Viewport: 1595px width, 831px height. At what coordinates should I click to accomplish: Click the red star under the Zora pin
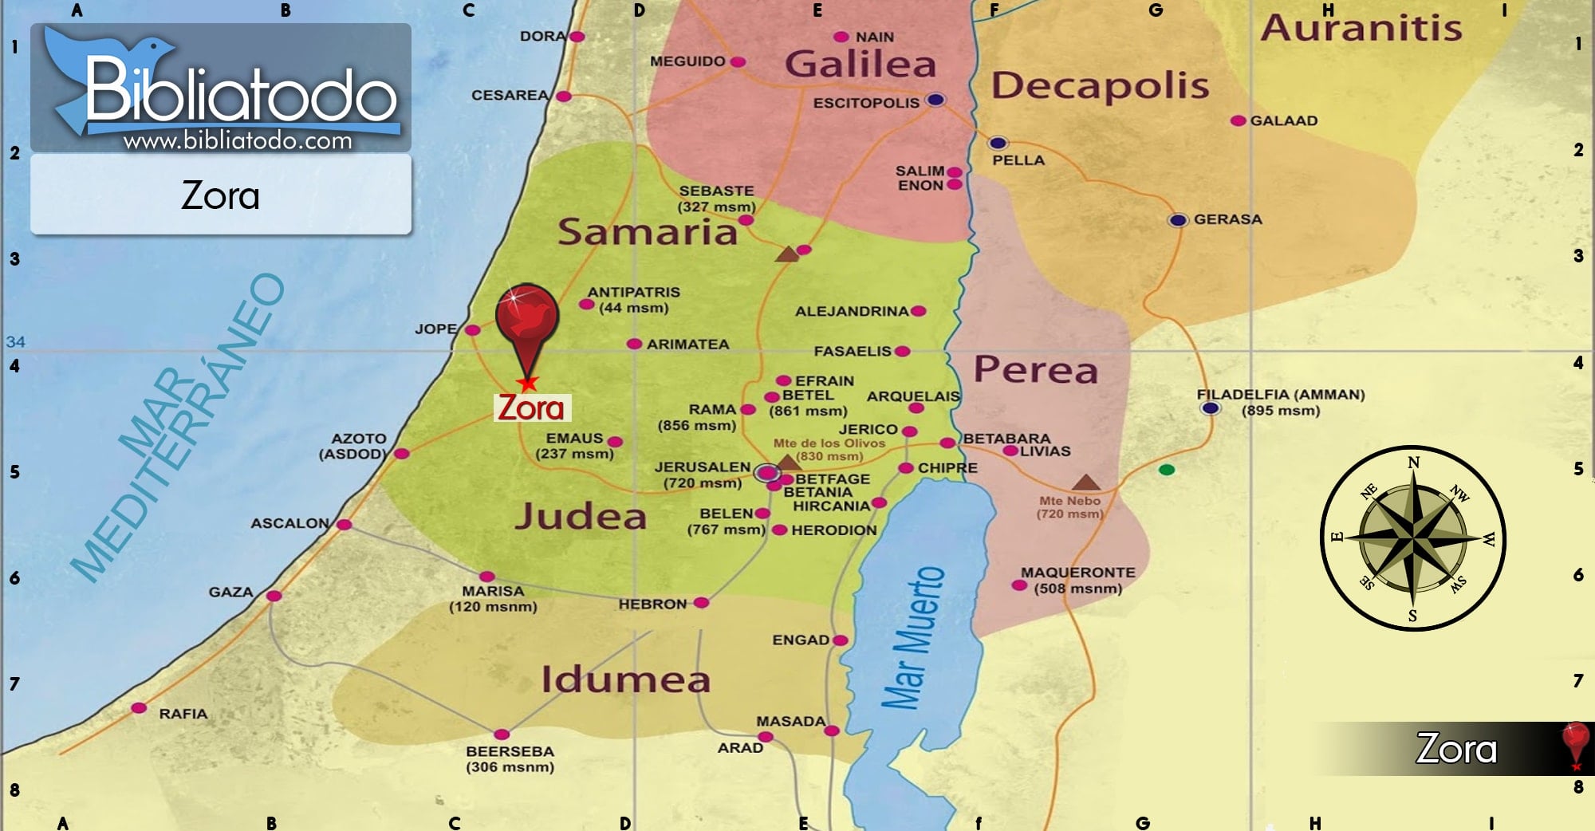[x=527, y=384]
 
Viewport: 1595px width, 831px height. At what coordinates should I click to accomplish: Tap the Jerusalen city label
[x=702, y=467]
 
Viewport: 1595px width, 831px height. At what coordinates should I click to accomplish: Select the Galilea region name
[x=860, y=64]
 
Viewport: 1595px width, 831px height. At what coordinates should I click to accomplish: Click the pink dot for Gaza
[x=274, y=596]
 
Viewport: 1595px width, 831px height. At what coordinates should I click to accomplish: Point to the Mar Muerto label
[x=914, y=638]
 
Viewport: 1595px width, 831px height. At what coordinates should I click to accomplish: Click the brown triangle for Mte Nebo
[x=1085, y=482]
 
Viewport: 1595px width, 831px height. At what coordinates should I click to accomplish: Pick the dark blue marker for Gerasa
[x=1177, y=220]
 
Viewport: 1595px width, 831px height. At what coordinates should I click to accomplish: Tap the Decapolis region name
[x=1100, y=85]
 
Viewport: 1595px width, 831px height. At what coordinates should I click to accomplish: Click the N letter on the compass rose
[x=1413, y=463]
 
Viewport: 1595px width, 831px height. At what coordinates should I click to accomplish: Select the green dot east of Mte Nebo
[x=1166, y=470]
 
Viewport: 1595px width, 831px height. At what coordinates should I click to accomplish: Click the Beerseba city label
[x=510, y=751]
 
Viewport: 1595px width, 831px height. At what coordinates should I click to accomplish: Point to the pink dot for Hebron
[x=701, y=603]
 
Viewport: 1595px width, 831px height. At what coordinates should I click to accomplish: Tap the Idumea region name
[x=625, y=679]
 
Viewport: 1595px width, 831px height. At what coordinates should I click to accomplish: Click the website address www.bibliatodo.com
[x=237, y=141]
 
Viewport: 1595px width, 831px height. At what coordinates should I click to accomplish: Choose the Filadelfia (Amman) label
[x=1280, y=395]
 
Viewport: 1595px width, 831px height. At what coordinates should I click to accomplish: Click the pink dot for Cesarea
[x=563, y=96]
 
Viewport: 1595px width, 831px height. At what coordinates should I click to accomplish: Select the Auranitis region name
[x=1361, y=28]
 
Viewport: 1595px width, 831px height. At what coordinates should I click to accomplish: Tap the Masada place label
[x=790, y=721]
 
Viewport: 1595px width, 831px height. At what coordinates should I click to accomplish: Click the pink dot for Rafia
[x=139, y=708]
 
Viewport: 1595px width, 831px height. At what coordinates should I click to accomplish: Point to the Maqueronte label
[x=1077, y=573]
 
